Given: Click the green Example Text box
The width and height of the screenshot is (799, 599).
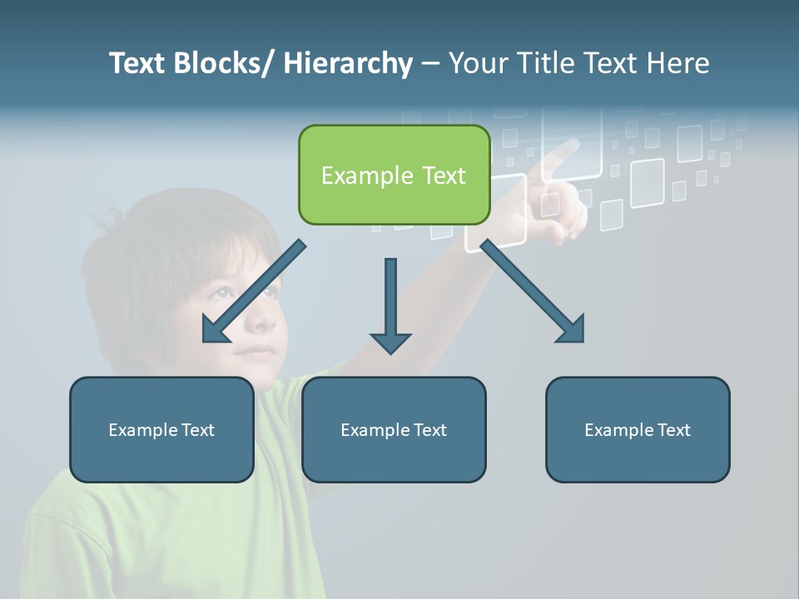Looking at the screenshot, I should (394, 175).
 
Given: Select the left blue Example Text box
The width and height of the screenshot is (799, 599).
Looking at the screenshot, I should (161, 429).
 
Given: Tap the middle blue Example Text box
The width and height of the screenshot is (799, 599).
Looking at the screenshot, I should (394, 429).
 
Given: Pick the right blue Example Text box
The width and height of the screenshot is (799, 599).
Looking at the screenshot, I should (638, 429).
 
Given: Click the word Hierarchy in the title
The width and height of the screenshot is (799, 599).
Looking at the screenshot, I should (348, 63).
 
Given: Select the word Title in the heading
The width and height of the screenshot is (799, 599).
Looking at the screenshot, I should (544, 63).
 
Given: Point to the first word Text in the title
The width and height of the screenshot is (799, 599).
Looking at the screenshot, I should (137, 63).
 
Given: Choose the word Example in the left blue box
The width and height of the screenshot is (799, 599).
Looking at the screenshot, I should (142, 429).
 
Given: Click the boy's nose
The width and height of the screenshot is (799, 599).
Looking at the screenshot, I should (261, 321).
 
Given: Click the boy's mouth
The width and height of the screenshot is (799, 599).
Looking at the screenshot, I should (257, 352).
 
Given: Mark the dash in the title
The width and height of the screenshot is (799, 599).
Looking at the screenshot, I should (430, 64).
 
